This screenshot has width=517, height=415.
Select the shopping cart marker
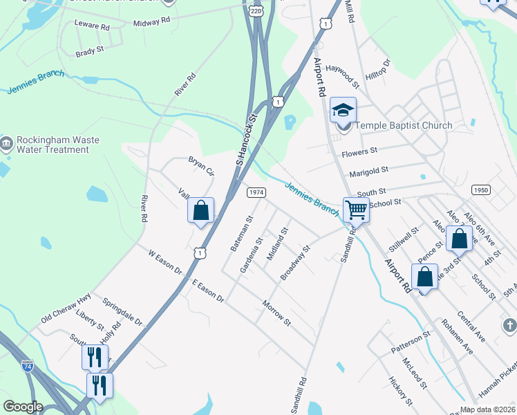[356, 210]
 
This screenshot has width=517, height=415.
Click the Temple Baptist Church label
[404, 126]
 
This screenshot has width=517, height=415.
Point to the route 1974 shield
[256, 192]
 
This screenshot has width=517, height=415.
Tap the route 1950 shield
[481, 190]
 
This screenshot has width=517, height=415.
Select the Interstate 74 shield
[27, 364]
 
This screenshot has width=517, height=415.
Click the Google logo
[23, 407]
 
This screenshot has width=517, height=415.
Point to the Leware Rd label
[92, 26]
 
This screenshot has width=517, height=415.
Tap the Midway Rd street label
[151, 22]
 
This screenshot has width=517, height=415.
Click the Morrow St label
[276, 313]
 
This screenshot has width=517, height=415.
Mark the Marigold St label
[369, 168]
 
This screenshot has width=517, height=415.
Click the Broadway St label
[295, 263]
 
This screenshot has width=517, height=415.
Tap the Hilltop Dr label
[379, 72]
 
